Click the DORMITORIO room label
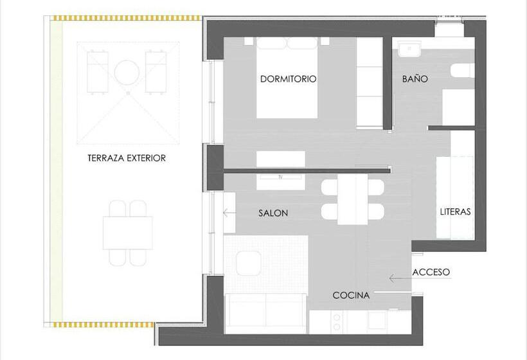coord(289,79)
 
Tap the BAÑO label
coord(415,78)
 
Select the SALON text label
coord(273,213)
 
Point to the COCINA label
coord(351,296)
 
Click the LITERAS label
coord(456,212)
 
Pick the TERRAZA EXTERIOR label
coord(127,158)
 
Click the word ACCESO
coord(431,272)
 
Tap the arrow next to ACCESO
coord(400,278)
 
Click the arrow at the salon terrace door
coord(229,212)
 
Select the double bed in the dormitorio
coord(287,78)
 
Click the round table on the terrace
coord(127,73)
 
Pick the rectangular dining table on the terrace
coord(128,233)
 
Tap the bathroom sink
coord(409,49)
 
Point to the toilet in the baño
coord(463,71)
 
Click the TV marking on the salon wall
coord(280,177)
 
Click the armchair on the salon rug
coord(249,263)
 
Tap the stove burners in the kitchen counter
coord(337,321)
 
